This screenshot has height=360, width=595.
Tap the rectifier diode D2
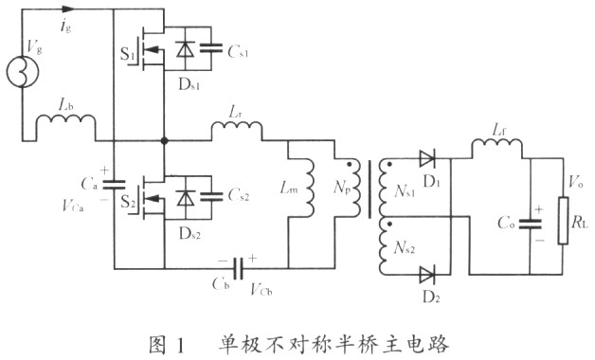point(425,274)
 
